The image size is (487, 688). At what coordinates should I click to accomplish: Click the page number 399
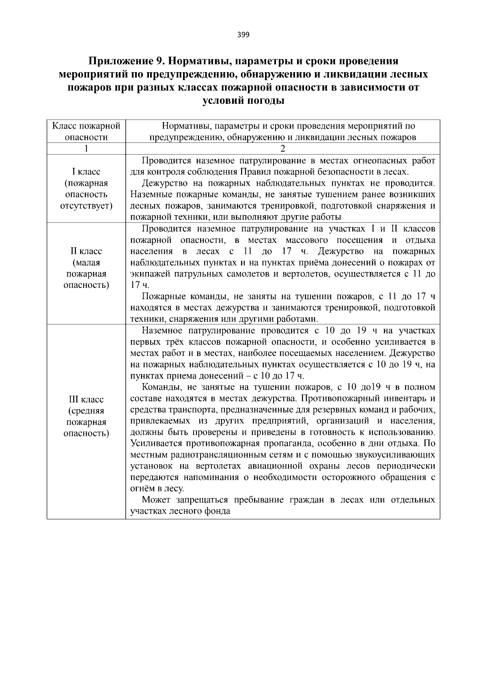pyautogui.click(x=243, y=34)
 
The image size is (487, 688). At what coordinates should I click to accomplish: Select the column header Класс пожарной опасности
pyautogui.click(x=86, y=131)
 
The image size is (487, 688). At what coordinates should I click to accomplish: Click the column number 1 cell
pyautogui.click(x=86, y=148)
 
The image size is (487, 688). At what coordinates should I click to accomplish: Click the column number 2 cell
pyautogui.click(x=282, y=148)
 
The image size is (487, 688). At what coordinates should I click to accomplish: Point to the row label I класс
pyautogui.click(x=86, y=172)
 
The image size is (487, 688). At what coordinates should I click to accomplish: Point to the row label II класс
pyautogui.click(x=86, y=251)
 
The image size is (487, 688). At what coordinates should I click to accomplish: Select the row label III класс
pyautogui.click(x=86, y=400)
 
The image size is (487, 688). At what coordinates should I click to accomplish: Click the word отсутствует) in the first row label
pyautogui.click(x=86, y=206)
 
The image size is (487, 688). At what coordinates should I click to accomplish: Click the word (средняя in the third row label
pyautogui.click(x=86, y=411)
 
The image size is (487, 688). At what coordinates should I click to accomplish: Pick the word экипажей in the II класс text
pyautogui.click(x=149, y=274)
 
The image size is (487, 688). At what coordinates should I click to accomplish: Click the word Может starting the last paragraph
pyautogui.click(x=155, y=500)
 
